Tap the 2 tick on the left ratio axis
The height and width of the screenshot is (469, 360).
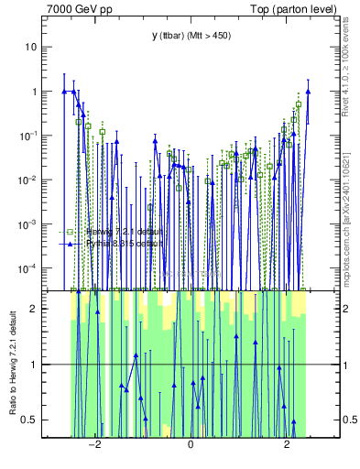pos(35,309)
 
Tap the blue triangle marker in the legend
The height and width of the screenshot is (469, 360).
pos(70,245)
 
